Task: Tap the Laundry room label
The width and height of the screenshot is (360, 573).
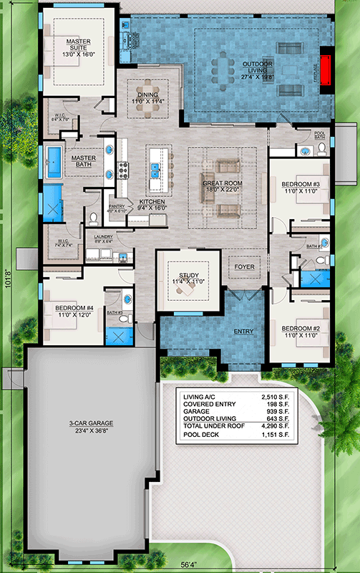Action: click(x=102, y=239)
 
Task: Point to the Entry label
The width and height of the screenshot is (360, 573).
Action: click(x=244, y=332)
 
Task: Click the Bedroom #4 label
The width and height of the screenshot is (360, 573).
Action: click(x=74, y=310)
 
